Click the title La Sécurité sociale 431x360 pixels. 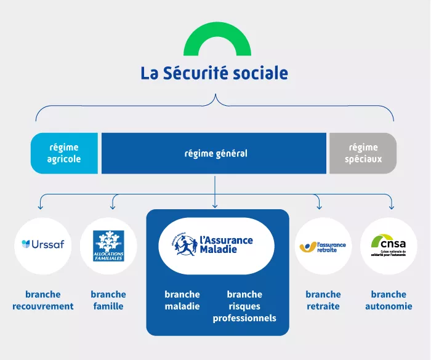click(214, 73)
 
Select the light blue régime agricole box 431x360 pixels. click(65, 153)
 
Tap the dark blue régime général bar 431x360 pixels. click(214, 153)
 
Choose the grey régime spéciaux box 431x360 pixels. click(363, 153)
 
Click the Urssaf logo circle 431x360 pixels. click(43, 245)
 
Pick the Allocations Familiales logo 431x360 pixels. click(108, 245)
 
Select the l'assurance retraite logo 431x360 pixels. click(323, 246)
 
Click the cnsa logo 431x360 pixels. click(389, 246)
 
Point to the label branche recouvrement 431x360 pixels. click(43, 300)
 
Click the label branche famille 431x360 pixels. click(108, 300)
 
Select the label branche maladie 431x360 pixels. click(182, 300)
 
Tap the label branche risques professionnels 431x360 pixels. click(244, 306)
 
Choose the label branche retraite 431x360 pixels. click(323, 300)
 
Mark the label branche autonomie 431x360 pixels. click(389, 300)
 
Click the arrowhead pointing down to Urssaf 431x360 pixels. click(41, 206)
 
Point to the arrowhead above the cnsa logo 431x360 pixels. click(391, 206)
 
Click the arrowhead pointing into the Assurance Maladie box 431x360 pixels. click(215, 205)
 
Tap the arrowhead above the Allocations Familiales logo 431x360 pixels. click(113, 206)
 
